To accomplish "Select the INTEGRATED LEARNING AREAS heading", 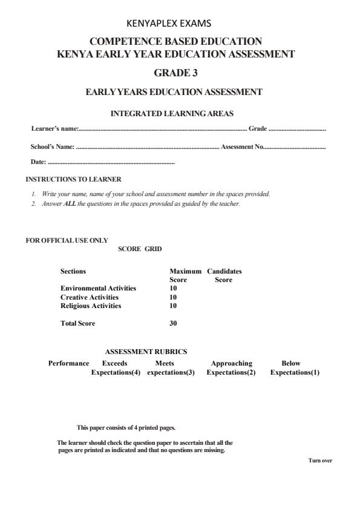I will click(172, 113).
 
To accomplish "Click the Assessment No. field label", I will click(241, 146).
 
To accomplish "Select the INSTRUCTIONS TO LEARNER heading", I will click(73, 179).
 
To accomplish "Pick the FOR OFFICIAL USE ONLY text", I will click(67, 241).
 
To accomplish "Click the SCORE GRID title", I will click(140, 249).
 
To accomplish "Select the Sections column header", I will click(73, 272).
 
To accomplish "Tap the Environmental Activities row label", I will click(98, 289).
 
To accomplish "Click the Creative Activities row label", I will click(90, 297).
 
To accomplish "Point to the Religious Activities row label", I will click(91, 306).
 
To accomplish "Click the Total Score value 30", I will click(173, 323).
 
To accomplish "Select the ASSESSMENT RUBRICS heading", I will click(146, 352).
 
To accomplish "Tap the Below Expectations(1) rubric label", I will click(295, 368).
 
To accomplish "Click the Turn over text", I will click(320, 461).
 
